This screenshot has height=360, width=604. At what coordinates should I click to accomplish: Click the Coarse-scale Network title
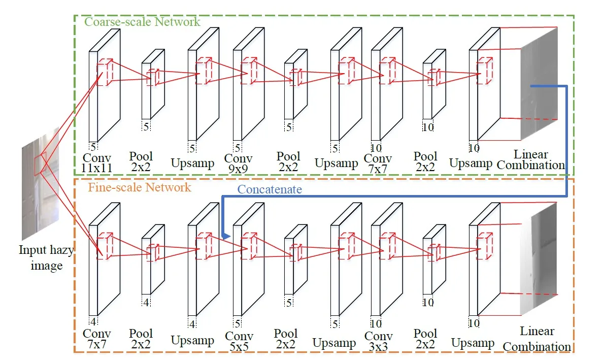tap(142, 22)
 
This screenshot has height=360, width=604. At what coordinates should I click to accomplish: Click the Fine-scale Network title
tap(140, 187)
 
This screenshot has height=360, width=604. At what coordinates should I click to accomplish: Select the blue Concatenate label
tap(270, 189)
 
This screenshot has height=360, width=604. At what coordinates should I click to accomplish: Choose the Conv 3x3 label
tap(379, 342)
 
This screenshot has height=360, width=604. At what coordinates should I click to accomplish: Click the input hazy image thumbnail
tap(41, 188)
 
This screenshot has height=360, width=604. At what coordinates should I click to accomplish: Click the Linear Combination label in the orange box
tap(537, 339)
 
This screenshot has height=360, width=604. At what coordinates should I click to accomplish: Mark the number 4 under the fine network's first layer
tap(93, 321)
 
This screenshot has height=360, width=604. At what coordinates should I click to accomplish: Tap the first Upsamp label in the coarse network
tap(192, 163)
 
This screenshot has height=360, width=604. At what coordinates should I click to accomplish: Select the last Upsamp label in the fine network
tap(473, 343)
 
